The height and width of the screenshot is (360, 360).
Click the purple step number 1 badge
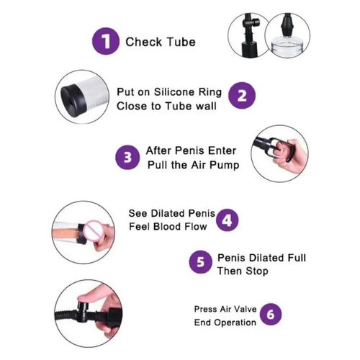106,41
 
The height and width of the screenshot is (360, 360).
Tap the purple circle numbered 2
242,96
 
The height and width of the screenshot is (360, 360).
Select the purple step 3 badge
127,158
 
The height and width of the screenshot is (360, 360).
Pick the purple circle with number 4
228,220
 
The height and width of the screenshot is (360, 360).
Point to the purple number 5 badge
201,262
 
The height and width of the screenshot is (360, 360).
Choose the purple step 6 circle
271,315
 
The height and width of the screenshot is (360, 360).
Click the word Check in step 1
144,42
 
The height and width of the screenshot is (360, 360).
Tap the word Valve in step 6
245,309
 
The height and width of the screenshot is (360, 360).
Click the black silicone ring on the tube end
73,100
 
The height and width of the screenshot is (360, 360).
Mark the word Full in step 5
297,258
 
